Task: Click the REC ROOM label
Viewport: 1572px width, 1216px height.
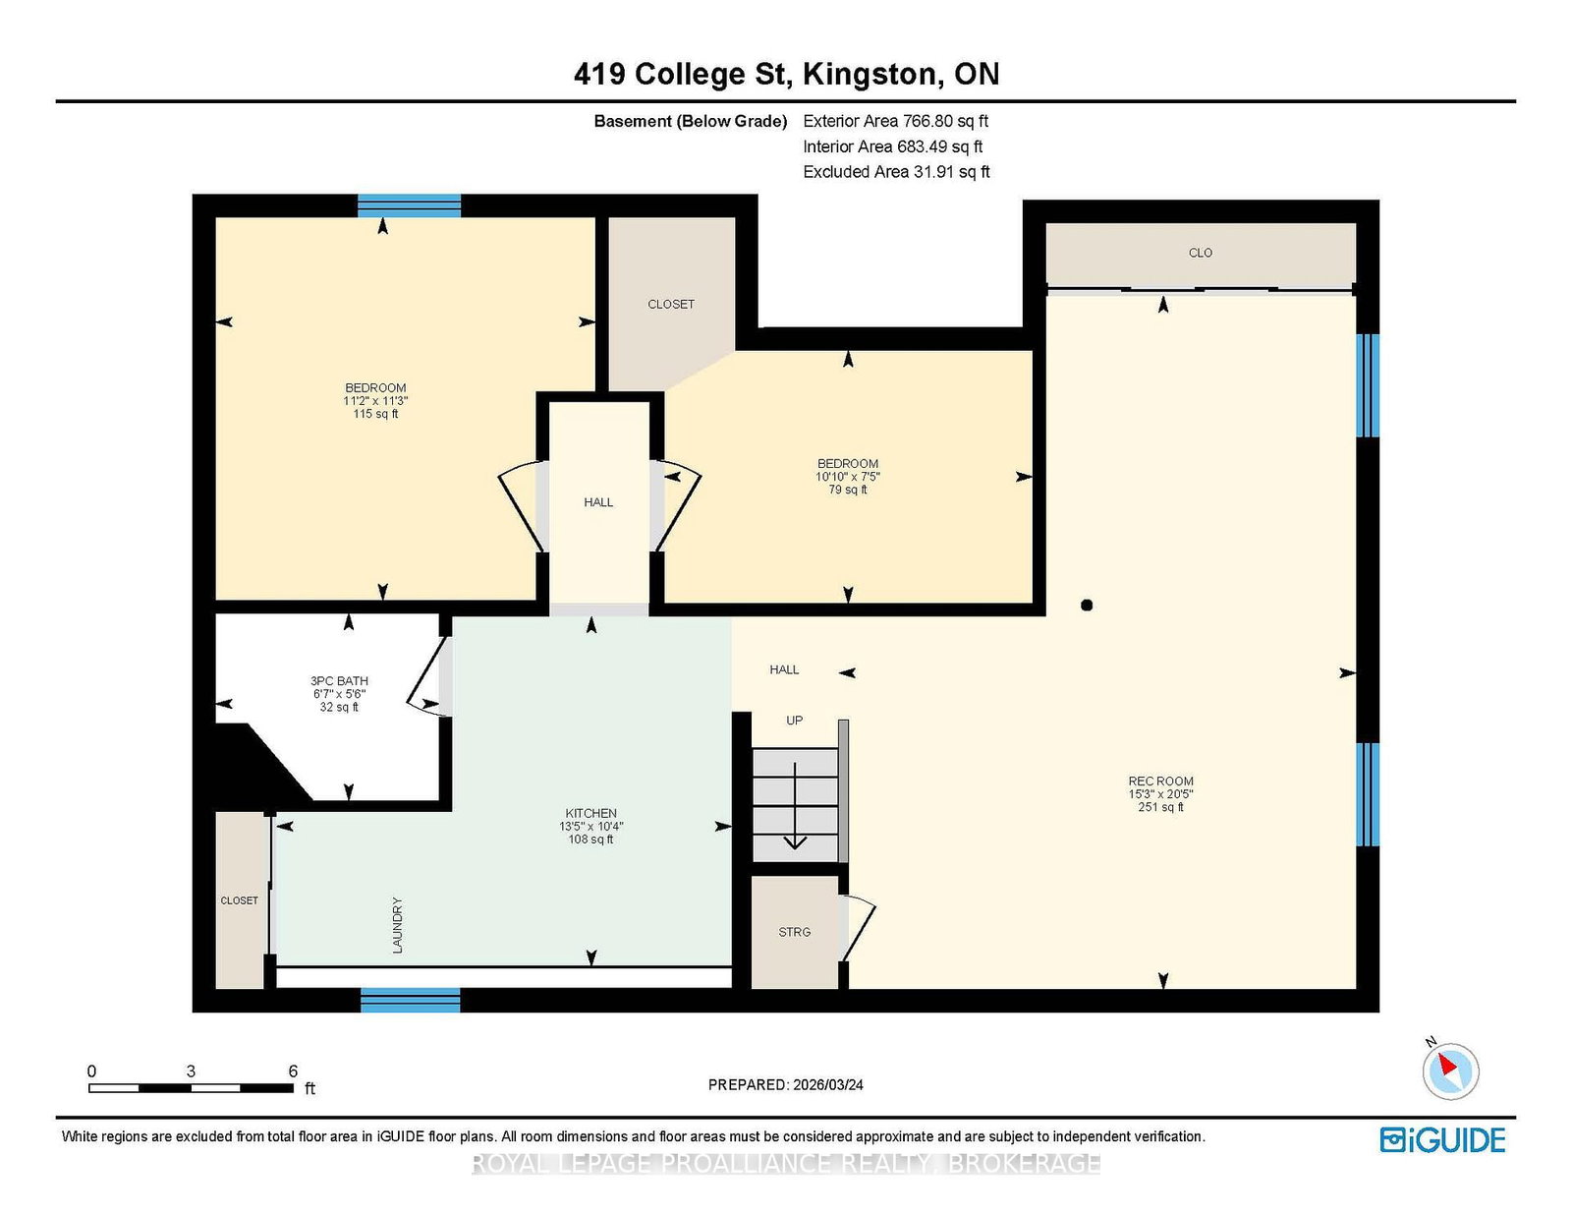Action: point(1160,781)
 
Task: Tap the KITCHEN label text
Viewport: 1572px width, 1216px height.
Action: point(591,813)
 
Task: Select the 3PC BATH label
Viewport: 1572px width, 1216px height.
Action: point(339,680)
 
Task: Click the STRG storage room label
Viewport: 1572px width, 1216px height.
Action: point(794,932)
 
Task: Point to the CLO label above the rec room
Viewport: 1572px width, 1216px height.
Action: point(1201,253)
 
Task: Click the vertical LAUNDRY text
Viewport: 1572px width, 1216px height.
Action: point(397,925)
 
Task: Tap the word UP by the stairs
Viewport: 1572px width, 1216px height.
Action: point(794,721)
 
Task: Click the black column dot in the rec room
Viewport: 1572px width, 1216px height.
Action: point(1087,606)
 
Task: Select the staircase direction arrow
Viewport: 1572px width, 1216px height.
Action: point(795,806)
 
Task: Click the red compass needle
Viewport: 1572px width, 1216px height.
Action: point(1447,1064)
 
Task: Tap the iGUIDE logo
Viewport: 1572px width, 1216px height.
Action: point(1442,1140)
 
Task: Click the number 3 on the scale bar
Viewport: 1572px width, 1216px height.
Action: point(191,1071)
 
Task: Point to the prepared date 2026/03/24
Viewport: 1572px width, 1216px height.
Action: point(827,1085)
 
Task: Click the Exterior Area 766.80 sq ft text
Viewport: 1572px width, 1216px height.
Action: point(896,121)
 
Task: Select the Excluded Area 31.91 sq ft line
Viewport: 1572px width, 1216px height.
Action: point(896,172)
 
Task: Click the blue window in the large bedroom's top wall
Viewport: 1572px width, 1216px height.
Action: point(410,205)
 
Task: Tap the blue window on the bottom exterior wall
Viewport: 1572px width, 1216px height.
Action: point(410,1001)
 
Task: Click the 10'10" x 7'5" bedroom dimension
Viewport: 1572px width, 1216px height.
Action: point(848,476)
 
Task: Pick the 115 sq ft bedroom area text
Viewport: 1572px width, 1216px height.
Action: point(375,414)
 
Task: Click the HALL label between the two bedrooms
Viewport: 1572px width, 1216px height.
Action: point(598,502)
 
